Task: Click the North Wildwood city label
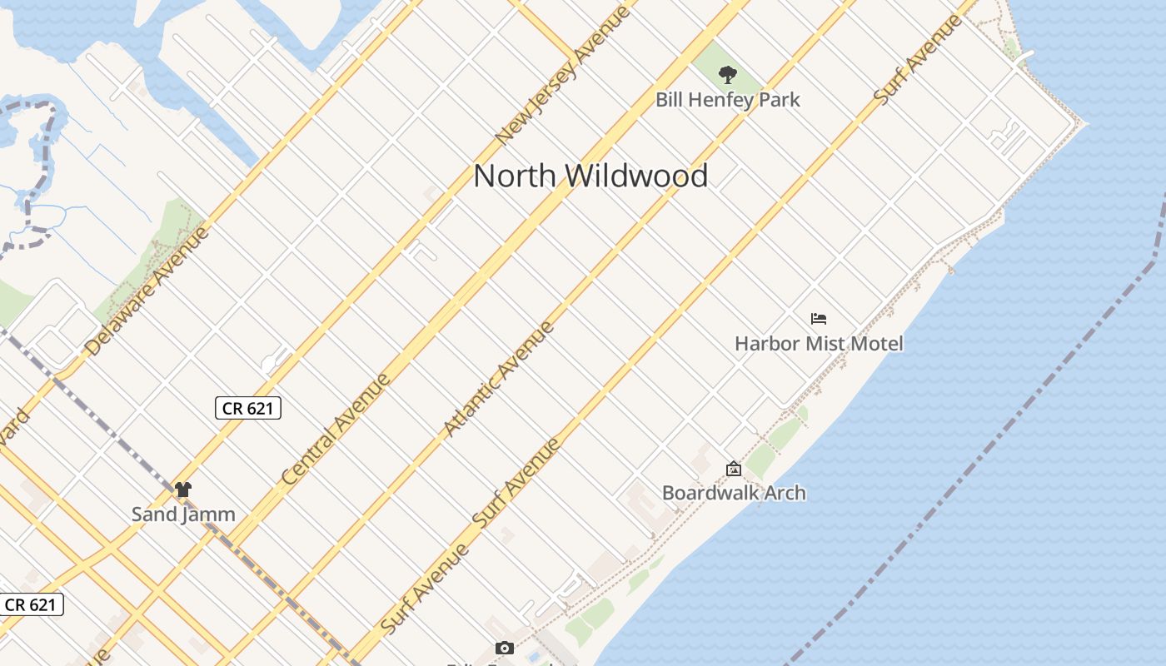(x=590, y=176)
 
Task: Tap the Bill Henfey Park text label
(x=727, y=100)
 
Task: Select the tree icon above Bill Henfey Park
(x=728, y=75)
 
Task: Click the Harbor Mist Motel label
(x=819, y=343)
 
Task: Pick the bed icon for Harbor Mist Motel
(x=819, y=319)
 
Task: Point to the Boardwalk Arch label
(x=734, y=493)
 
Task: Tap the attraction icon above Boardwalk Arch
(x=734, y=470)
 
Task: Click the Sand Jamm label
(x=183, y=514)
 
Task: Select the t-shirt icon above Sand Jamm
(x=183, y=490)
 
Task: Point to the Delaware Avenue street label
(x=147, y=291)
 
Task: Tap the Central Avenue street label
(x=336, y=430)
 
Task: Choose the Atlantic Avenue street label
(x=499, y=379)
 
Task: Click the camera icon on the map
(x=504, y=648)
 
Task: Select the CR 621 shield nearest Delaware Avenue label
(x=248, y=408)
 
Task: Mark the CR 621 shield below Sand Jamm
(x=31, y=604)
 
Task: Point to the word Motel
(x=875, y=343)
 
